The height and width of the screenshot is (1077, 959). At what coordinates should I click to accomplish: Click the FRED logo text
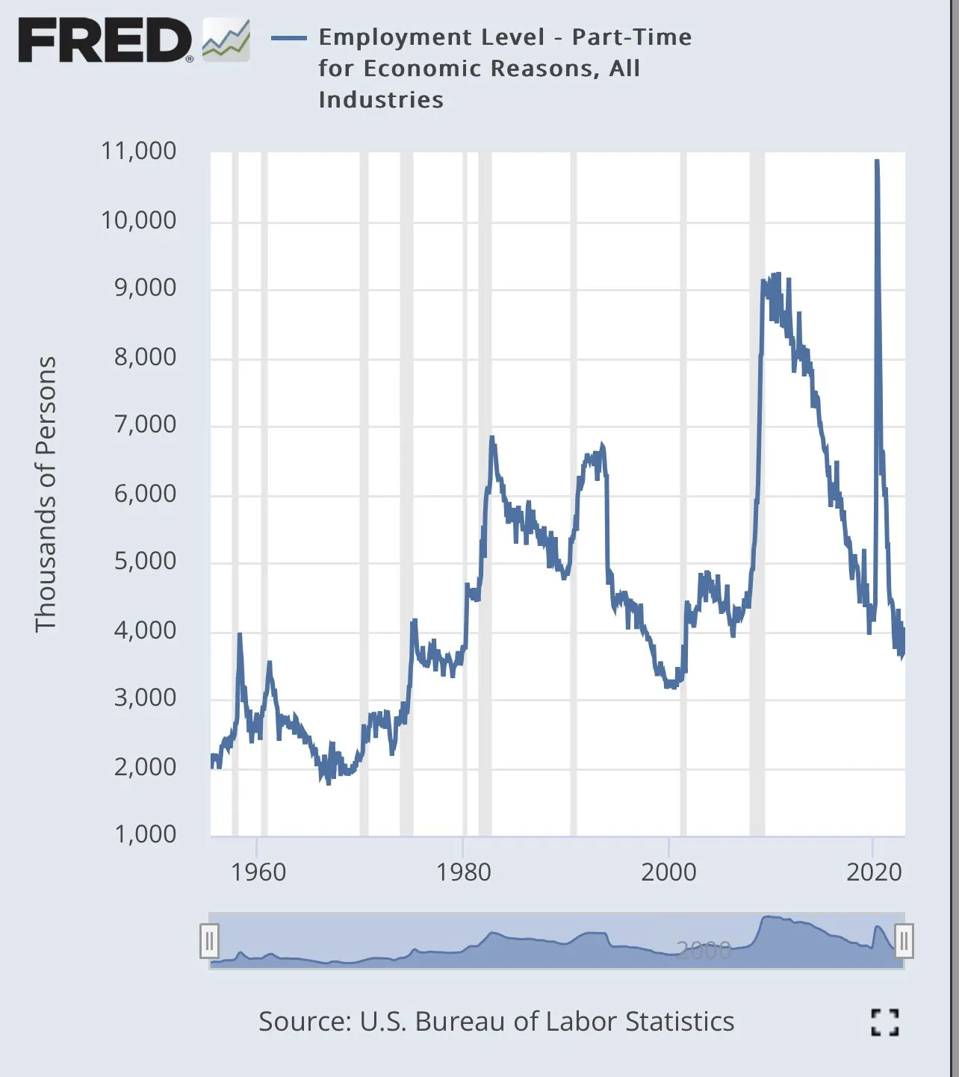click(x=104, y=40)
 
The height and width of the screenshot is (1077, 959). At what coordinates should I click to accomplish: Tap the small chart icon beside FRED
click(x=226, y=40)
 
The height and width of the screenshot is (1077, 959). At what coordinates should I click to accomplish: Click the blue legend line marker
click(x=288, y=38)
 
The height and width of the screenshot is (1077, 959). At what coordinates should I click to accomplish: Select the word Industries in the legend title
click(x=381, y=100)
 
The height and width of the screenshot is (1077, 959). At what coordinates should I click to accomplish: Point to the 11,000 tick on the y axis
click(x=139, y=151)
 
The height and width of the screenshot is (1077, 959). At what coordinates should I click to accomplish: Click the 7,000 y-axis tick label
click(x=145, y=424)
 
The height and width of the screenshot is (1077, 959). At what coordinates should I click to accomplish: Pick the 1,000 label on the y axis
click(x=145, y=834)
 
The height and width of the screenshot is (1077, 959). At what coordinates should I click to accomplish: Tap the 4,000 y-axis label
click(x=145, y=630)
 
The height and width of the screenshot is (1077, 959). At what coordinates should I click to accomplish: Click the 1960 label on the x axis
click(x=258, y=872)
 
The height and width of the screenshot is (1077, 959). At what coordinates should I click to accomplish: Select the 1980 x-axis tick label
click(x=463, y=872)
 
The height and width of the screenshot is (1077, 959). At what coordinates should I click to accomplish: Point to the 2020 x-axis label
click(x=874, y=872)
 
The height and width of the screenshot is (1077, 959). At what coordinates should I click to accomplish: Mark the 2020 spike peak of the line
click(x=876, y=161)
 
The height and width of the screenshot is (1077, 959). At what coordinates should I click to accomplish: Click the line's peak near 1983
click(x=491, y=438)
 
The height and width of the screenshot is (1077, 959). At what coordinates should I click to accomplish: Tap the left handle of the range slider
click(x=209, y=941)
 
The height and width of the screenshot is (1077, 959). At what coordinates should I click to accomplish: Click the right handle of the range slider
click(x=904, y=941)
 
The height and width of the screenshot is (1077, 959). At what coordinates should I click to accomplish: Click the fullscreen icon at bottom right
click(x=885, y=1022)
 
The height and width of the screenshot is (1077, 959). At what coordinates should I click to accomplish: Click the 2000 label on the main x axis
click(x=668, y=872)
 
